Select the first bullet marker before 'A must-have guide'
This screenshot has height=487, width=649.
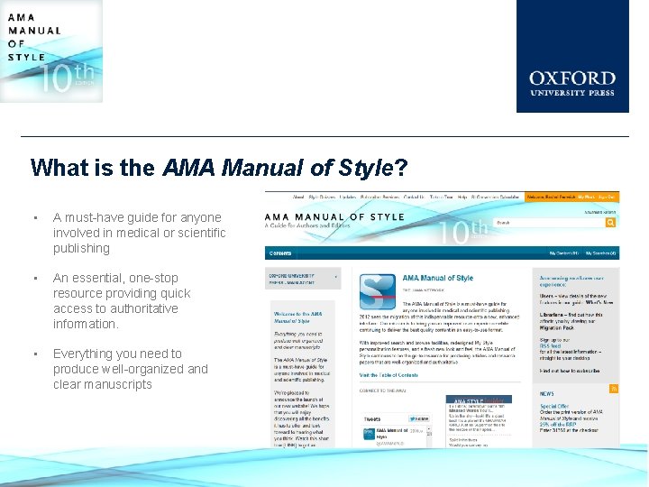(32, 217)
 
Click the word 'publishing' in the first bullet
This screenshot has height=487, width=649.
(81, 248)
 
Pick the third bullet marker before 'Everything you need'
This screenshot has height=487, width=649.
(32, 354)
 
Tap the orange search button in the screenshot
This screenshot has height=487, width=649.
(610, 223)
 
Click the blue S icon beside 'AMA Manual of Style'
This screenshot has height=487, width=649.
(377, 290)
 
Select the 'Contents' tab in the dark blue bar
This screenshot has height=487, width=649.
(280, 253)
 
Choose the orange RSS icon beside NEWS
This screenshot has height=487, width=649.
(614, 389)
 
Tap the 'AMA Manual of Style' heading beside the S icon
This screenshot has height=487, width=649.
(438, 278)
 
